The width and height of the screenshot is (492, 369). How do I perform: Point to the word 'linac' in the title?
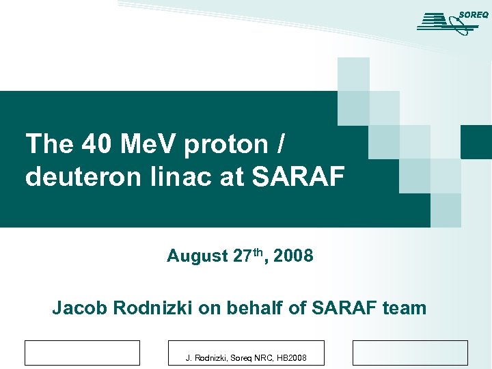pos(189,177)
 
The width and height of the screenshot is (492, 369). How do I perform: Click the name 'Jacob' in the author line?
pos(81,308)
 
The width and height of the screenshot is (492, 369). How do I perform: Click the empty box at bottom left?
pos(82,353)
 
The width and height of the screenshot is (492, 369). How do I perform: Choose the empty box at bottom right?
pos(410,353)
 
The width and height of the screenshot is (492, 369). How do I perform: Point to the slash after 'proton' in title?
pos(282,145)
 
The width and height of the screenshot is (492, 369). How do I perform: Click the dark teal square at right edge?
pos(476,141)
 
